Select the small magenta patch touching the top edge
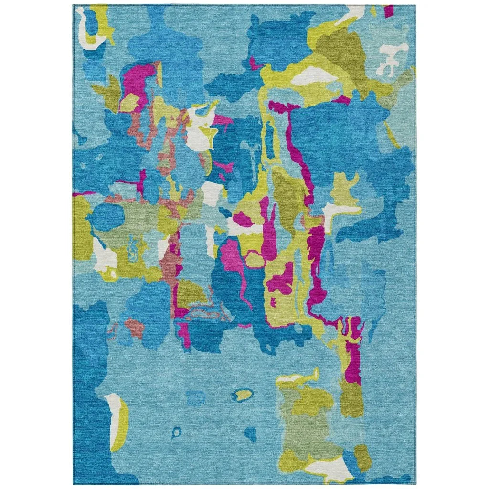389,11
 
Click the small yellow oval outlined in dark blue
244,394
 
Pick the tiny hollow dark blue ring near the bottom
176,433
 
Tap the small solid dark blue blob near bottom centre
250,434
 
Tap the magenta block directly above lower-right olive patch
353,363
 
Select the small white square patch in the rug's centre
210,193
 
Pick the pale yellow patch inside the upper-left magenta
129,103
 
